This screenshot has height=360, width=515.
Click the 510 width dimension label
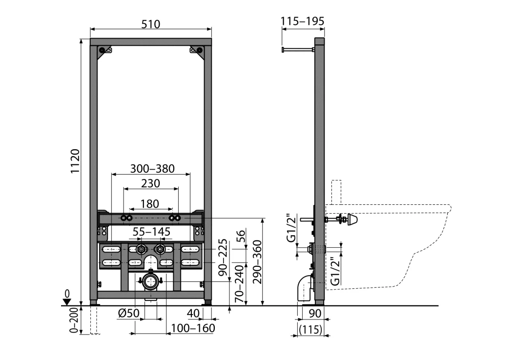(151, 23)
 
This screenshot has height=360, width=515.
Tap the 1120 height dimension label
(75, 161)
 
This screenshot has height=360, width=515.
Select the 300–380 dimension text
(152, 168)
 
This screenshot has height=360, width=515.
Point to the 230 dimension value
(150, 183)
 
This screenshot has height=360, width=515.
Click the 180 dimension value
(150, 204)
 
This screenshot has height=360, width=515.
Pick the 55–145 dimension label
(151, 232)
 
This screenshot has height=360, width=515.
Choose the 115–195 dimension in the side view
(303, 21)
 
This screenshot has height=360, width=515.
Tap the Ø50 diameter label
(129, 313)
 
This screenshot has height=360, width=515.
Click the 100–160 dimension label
(193, 328)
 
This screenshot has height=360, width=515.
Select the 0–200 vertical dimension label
(74, 320)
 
